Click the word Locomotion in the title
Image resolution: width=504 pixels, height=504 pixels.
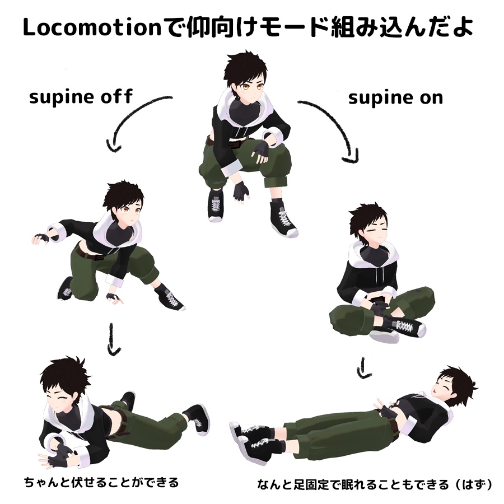[x=92, y=27]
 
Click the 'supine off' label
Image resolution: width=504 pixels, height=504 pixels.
[x=81, y=97]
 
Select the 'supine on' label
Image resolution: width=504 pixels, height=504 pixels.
[x=396, y=97]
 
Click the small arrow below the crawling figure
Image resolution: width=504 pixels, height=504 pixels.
[x=112, y=339]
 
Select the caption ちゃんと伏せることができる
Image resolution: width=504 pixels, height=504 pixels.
[x=101, y=482]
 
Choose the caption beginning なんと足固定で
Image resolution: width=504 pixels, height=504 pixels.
[x=375, y=484]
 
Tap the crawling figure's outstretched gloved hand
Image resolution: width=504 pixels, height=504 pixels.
[x=41, y=239]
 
